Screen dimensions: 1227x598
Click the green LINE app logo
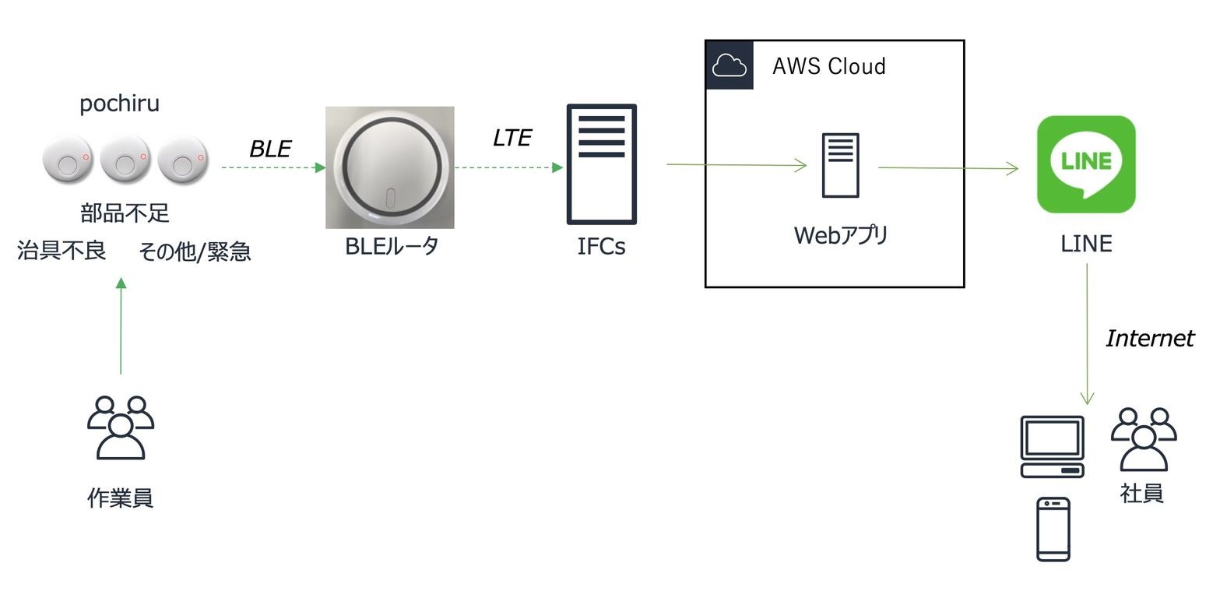pyautogui.click(x=1086, y=164)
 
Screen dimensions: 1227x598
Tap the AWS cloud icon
pyautogui.click(x=729, y=65)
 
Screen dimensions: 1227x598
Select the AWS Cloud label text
pyautogui.click(x=829, y=66)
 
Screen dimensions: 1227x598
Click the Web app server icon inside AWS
pyautogui.click(x=841, y=165)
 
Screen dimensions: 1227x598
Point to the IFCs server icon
pyautogui.click(x=602, y=164)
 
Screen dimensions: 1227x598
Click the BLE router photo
pyautogui.click(x=390, y=167)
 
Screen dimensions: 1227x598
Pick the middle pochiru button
pyautogui.click(x=125, y=160)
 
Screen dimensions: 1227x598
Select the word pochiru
pyautogui.click(x=119, y=104)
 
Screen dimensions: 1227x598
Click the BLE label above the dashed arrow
pyautogui.click(x=270, y=149)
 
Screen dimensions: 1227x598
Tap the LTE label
pyautogui.click(x=512, y=138)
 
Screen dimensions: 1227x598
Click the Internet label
pyautogui.click(x=1150, y=338)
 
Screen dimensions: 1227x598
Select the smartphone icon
pyautogui.click(x=1053, y=529)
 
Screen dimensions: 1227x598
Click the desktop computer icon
pyautogui.click(x=1053, y=447)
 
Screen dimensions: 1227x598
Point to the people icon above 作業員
pyautogui.click(x=121, y=427)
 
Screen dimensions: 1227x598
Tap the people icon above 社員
pyautogui.click(x=1144, y=439)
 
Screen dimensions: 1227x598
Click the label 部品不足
pyautogui.click(x=125, y=213)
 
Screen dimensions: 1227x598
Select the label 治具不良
pyautogui.click(x=62, y=250)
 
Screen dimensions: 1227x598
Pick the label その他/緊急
pyautogui.click(x=195, y=252)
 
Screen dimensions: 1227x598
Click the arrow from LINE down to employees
pyautogui.click(x=1087, y=334)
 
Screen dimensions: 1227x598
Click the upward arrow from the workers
pyautogui.click(x=121, y=326)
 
